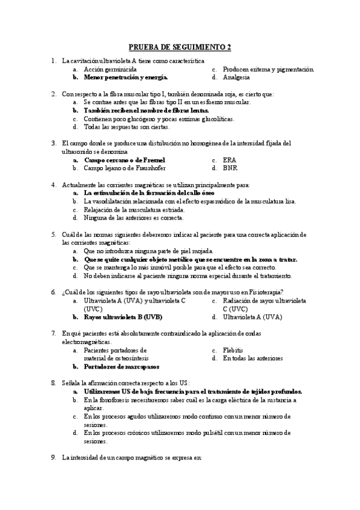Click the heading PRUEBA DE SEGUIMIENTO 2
(x=180, y=47)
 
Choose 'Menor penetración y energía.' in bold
(x=126, y=78)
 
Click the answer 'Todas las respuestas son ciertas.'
(x=127, y=127)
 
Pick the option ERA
(x=229, y=160)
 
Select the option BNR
(x=230, y=168)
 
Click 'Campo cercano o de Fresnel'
(x=124, y=160)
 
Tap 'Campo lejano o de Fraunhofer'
(x=124, y=168)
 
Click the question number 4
(x=54, y=185)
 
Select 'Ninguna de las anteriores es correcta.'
(x=133, y=218)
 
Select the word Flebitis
(x=233, y=349)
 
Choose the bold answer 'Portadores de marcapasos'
(x=121, y=366)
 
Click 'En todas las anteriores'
(x=252, y=358)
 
